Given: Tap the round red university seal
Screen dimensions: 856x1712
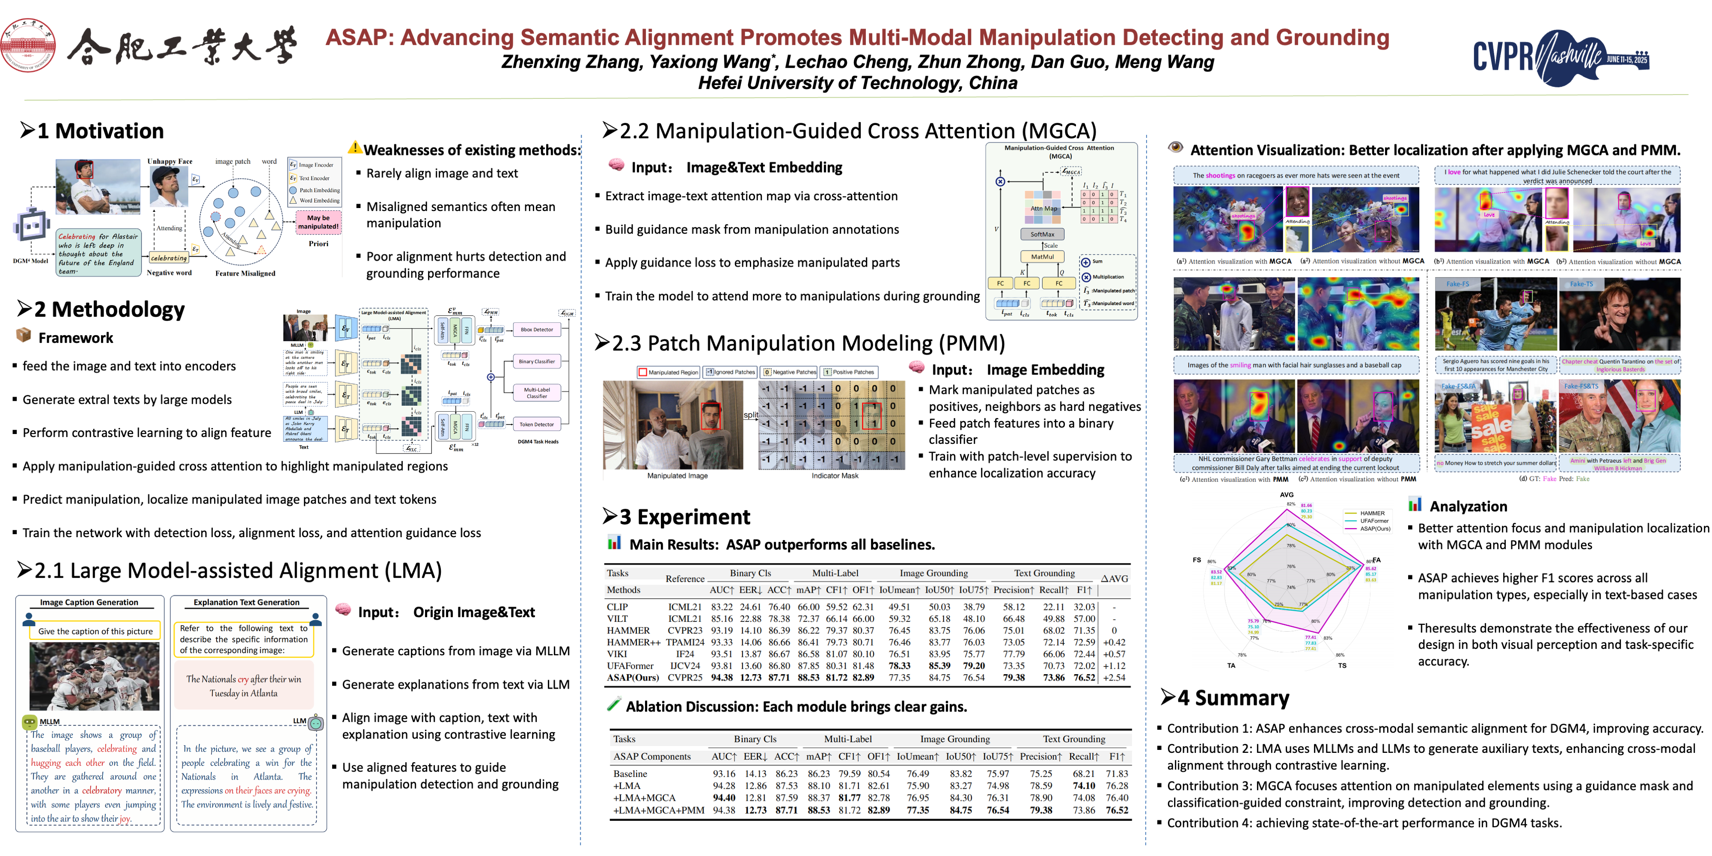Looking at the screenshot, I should click(x=27, y=45).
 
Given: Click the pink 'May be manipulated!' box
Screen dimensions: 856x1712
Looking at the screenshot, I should click(x=318, y=222).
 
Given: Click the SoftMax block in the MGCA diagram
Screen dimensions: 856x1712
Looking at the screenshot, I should click(x=1042, y=234).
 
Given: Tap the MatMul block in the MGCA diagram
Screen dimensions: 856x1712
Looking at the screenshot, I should click(x=1042, y=256).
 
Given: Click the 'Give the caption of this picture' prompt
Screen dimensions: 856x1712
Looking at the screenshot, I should click(x=95, y=631).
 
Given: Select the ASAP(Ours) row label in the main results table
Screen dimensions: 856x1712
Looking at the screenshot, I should click(x=633, y=678).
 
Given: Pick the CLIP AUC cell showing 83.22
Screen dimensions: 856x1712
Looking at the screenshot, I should click(x=722, y=607).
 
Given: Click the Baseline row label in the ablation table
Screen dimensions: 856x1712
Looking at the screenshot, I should click(x=630, y=773).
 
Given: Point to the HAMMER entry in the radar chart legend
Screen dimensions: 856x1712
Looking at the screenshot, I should click(x=1372, y=513).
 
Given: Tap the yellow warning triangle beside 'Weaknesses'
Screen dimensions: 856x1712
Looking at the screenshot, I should click(x=355, y=148).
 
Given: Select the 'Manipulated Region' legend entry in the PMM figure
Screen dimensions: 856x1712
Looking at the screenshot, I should click(x=668, y=372).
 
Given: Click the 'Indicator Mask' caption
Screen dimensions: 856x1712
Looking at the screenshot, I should click(x=835, y=476).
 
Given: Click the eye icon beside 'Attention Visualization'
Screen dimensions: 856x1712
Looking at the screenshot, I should click(x=1175, y=148).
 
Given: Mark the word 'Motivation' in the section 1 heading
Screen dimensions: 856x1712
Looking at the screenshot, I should click(x=109, y=131).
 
